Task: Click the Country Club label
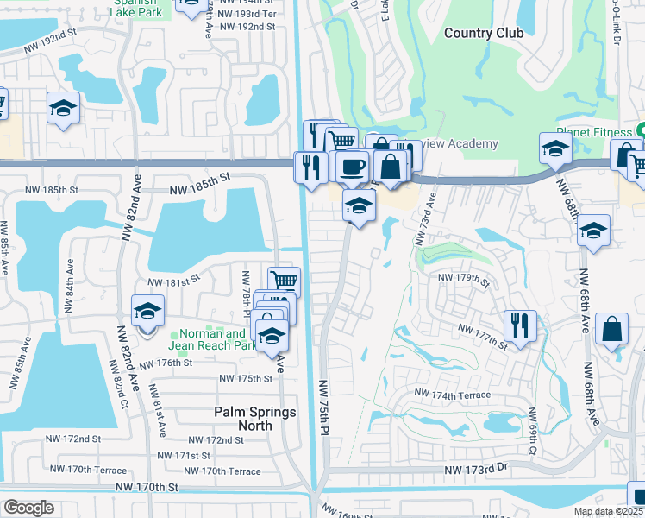coord(483,33)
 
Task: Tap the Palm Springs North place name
coord(255,419)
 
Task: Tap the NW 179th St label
coord(464,278)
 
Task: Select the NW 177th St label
coord(483,337)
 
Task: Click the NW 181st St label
coord(173,281)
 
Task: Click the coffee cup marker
coord(351,165)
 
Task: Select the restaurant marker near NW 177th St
coord(520,325)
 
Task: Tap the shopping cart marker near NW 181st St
coord(284,281)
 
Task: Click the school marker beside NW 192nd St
coord(62,108)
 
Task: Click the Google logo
coord(28,508)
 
